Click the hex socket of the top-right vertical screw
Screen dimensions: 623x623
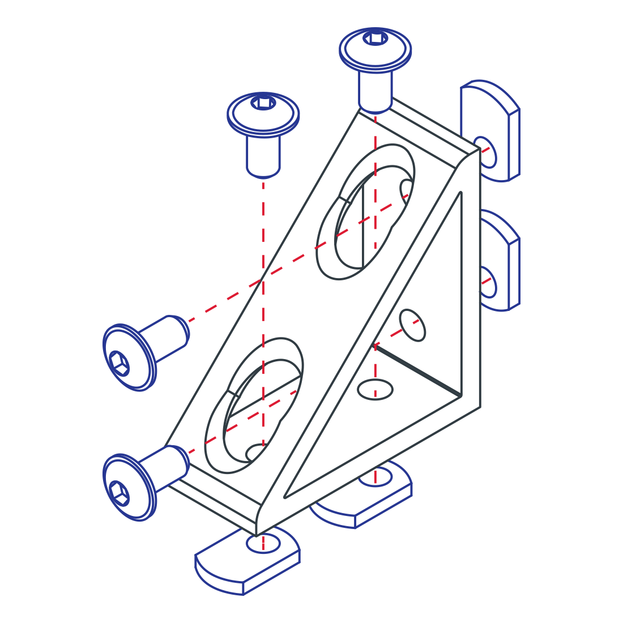(x=375, y=39)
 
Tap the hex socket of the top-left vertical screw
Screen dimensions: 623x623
(x=263, y=103)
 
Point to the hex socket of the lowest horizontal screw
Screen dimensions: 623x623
(x=119, y=493)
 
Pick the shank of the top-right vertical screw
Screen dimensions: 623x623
(x=375, y=91)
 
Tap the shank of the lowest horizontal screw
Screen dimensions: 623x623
(x=167, y=467)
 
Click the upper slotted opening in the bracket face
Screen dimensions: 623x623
(x=365, y=212)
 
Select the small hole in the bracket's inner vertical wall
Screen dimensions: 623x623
(x=412, y=325)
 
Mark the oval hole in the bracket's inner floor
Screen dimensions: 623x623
(x=375, y=390)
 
